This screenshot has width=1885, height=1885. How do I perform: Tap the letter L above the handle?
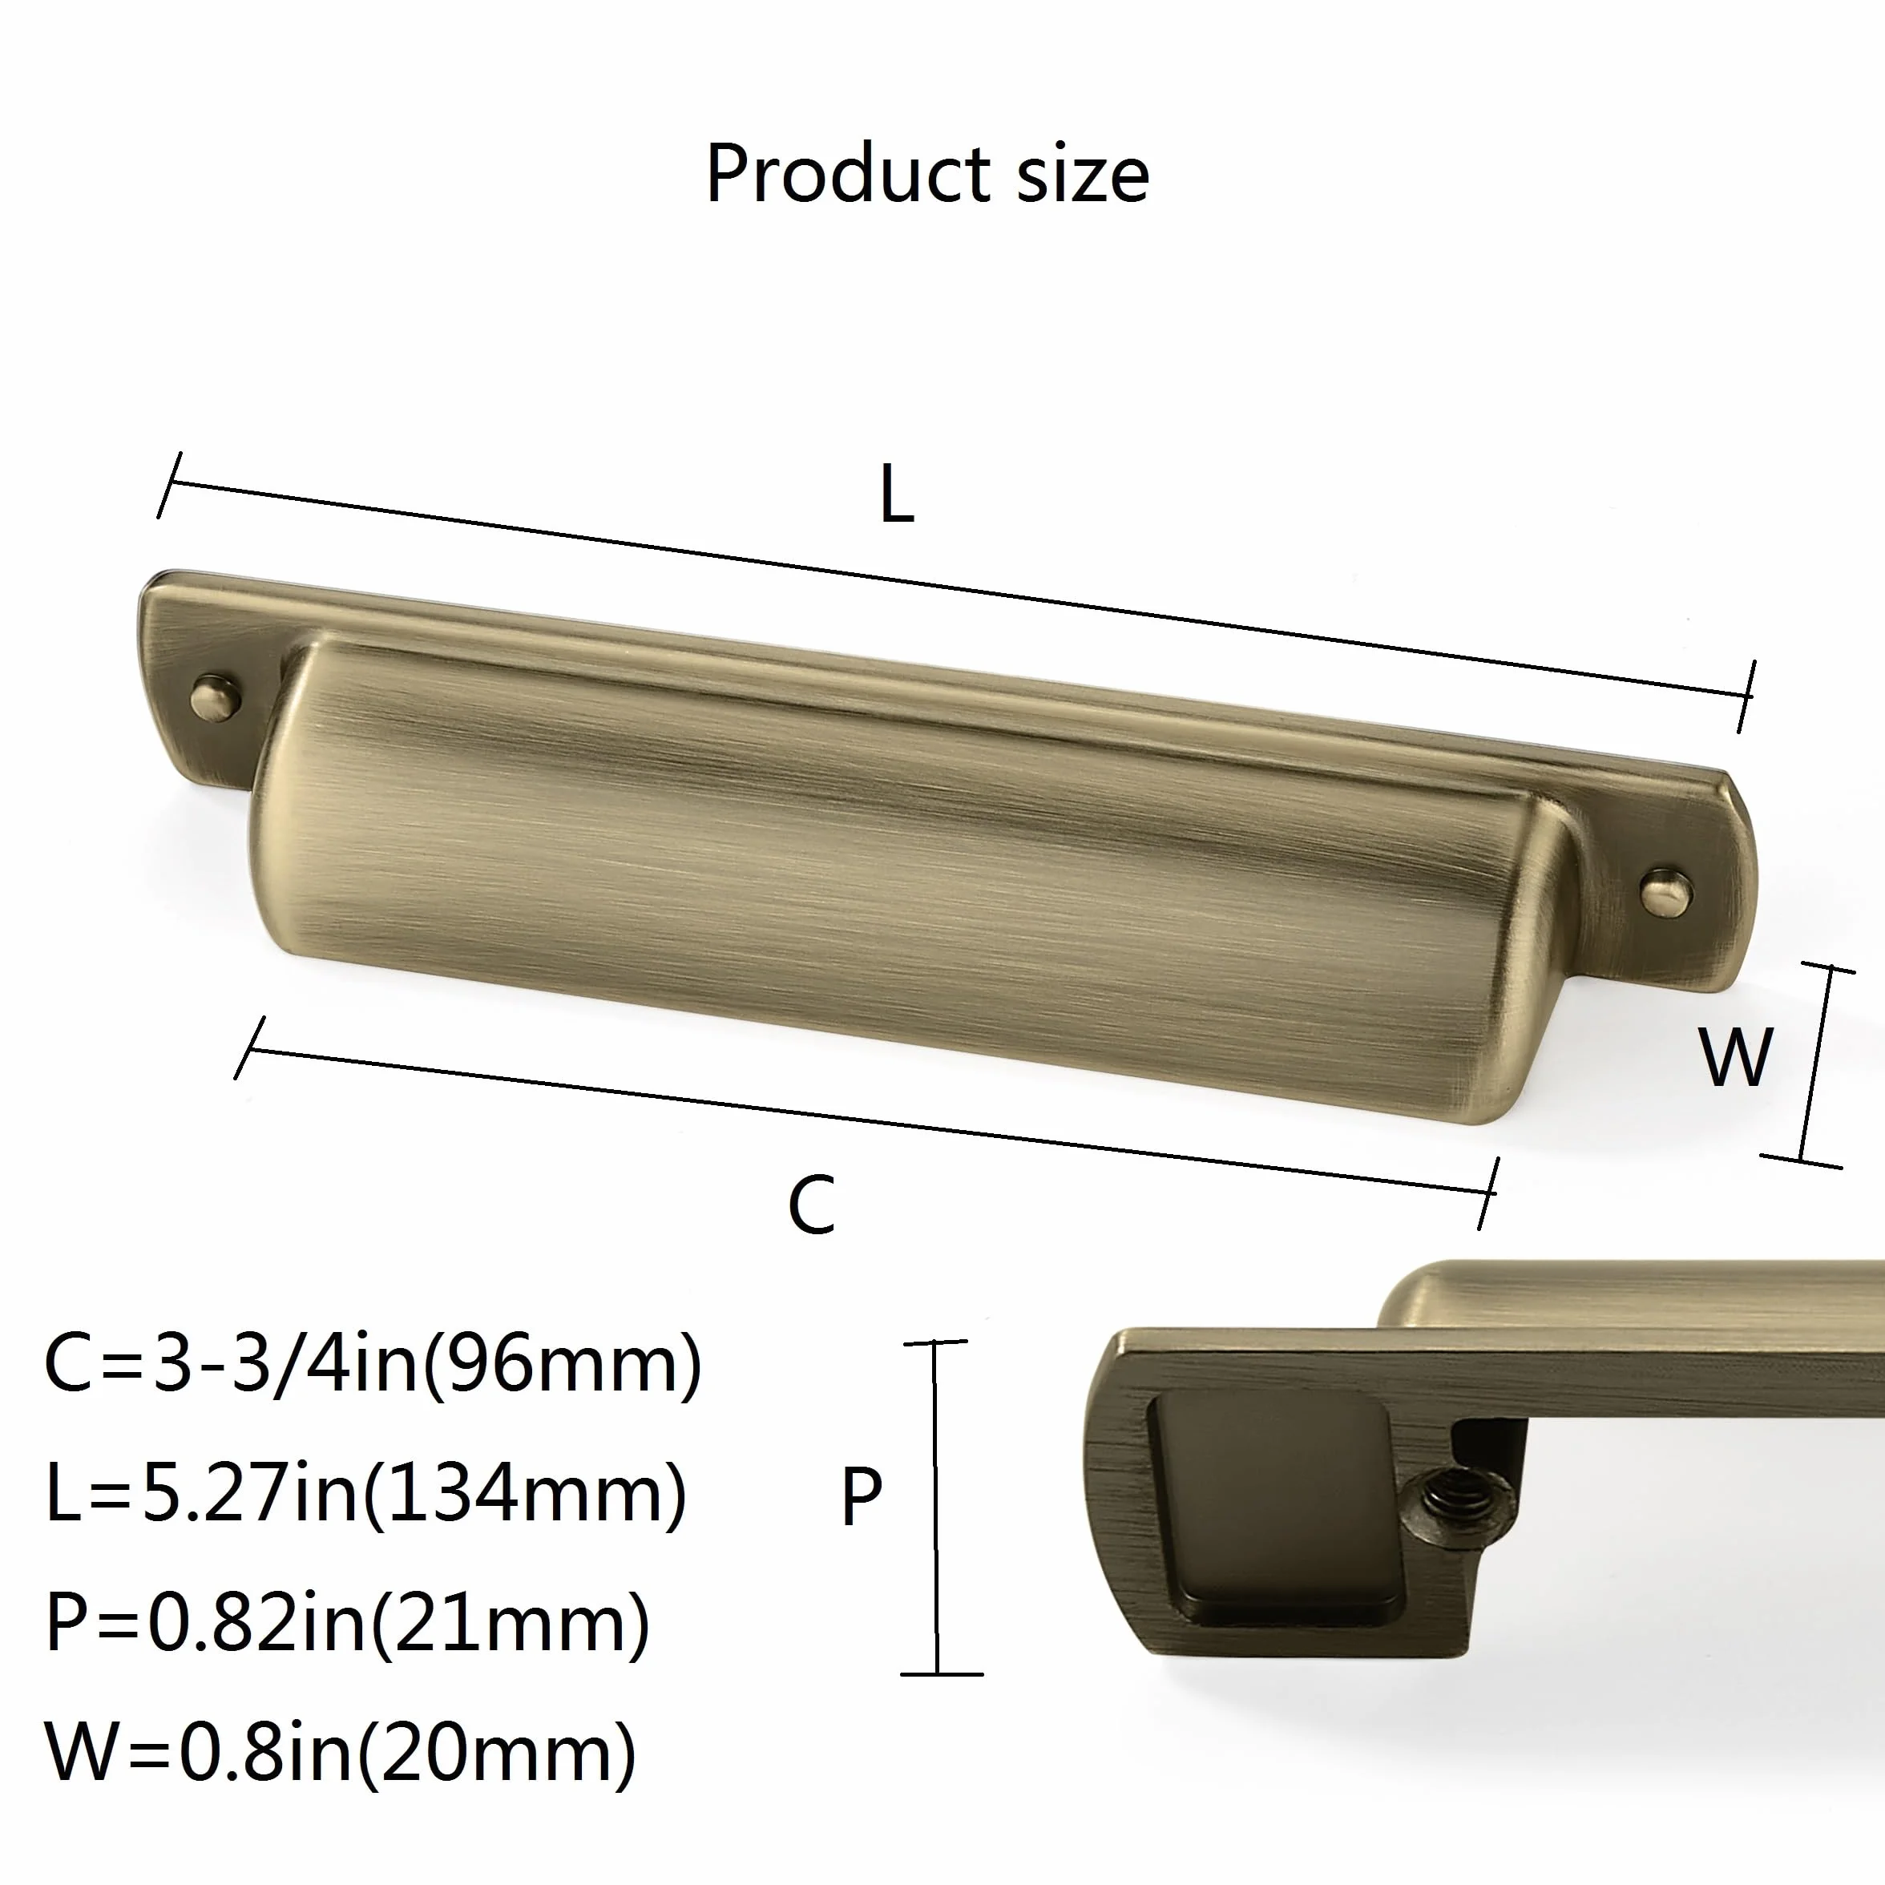click(x=896, y=494)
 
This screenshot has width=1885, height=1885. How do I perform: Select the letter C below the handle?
click(x=812, y=1204)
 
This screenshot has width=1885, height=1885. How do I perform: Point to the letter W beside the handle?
click(x=1735, y=1056)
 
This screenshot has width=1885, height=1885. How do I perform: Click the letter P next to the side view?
click(x=862, y=1495)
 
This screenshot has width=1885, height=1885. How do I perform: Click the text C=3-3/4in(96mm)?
click(x=373, y=1364)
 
